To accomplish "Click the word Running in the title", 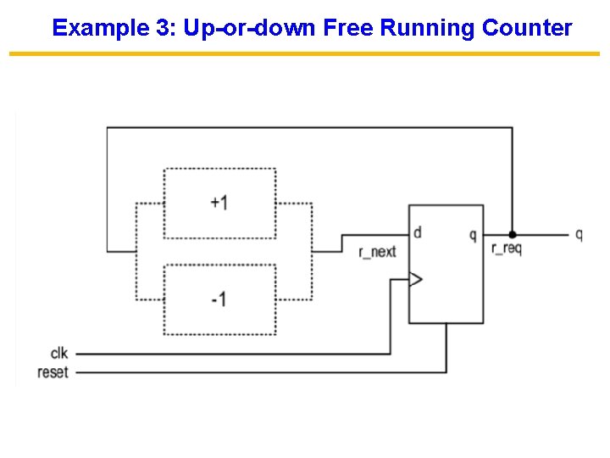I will pos(428,28).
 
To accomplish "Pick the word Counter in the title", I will pos(527,28).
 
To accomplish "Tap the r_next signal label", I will pos(377,251).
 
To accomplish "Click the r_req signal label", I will pos(506,249).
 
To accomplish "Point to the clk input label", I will pos(59,353).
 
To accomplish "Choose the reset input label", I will pos(53,372).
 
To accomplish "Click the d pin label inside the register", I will pos(418,232).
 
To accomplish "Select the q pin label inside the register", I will pos(473,235).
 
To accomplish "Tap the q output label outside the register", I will pos(579,235).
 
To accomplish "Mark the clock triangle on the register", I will pos(415,279).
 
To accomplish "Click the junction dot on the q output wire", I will pos(512,234).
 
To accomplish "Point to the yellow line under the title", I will pos(304,54).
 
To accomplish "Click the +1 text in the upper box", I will pos(219,203).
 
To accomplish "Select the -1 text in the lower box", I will pos(219,299).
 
